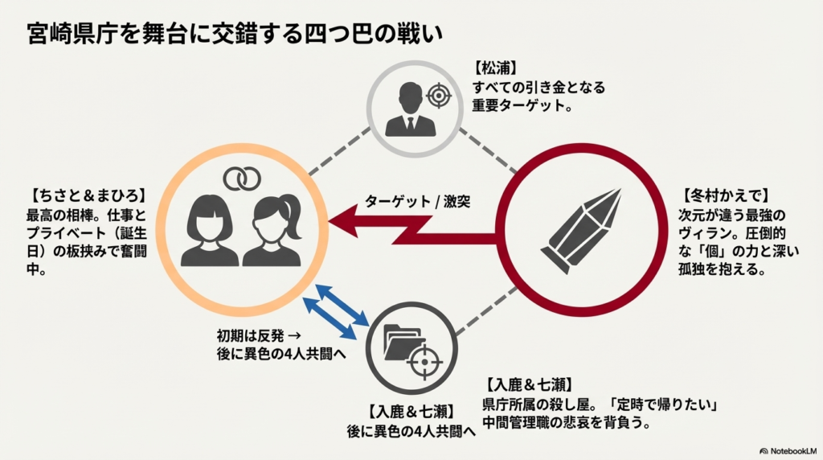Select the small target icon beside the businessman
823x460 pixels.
438,96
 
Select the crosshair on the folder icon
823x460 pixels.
423,361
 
